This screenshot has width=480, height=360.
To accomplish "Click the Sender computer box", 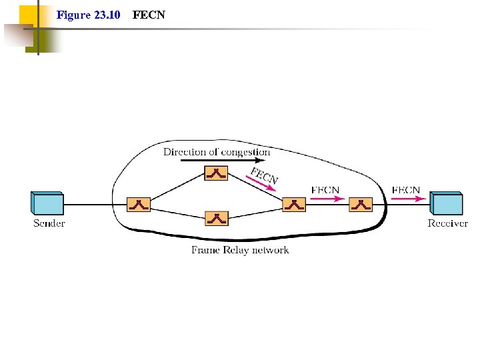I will (47, 203).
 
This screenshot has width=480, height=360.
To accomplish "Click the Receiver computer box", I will (446, 203).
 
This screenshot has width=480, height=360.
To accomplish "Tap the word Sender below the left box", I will (49, 223).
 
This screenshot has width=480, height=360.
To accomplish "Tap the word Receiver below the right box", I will (447, 223).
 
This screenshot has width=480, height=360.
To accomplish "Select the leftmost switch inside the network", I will (139, 205).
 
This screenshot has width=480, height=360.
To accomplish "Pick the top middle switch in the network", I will (216, 173).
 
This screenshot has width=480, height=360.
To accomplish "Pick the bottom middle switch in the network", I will (216, 217).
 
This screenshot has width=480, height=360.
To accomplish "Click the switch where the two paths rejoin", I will (293, 205).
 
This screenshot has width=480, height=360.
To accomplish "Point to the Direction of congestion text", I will (217, 152).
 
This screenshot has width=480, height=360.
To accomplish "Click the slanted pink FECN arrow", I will (261, 185).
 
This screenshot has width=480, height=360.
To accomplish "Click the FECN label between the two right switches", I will (325, 190).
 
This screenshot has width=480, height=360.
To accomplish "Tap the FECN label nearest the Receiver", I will (406, 190).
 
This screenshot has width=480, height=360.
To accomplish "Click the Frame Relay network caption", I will (240, 250).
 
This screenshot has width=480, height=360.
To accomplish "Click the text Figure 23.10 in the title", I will (89, 15).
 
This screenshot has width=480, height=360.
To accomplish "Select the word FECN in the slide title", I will (149, 15).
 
